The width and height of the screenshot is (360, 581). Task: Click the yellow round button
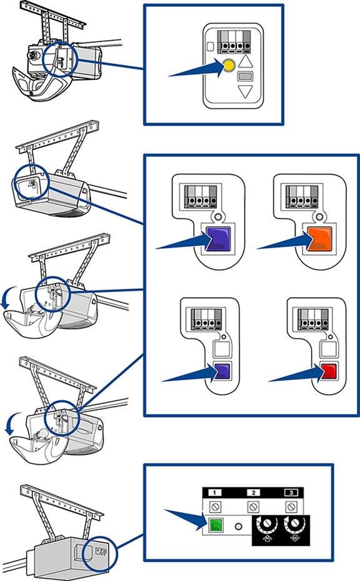[x=229, y=66]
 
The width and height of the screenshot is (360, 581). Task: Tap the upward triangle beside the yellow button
[x=245, y=61]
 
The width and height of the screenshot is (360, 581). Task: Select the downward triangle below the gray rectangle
[x=245, y=91]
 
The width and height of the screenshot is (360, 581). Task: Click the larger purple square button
[x=219, y=240]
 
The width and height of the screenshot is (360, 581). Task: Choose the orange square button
[x=319, y=240]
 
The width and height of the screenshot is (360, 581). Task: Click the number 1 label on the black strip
[x=214, y=492]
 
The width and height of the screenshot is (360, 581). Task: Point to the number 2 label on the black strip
[x=253, y=492]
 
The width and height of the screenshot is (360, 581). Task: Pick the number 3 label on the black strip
[x=291, y=492]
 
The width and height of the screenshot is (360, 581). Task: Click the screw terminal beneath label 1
[x=215, y=506]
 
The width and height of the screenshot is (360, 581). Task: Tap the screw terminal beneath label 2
[x=253, y=506]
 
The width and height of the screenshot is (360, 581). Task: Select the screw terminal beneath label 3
[x=291, y=506]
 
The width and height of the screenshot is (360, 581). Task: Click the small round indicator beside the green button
[x=239, y=526]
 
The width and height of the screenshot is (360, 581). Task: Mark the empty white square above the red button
[x=329, y=349]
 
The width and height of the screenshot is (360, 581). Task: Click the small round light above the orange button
[x=319, y=216]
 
